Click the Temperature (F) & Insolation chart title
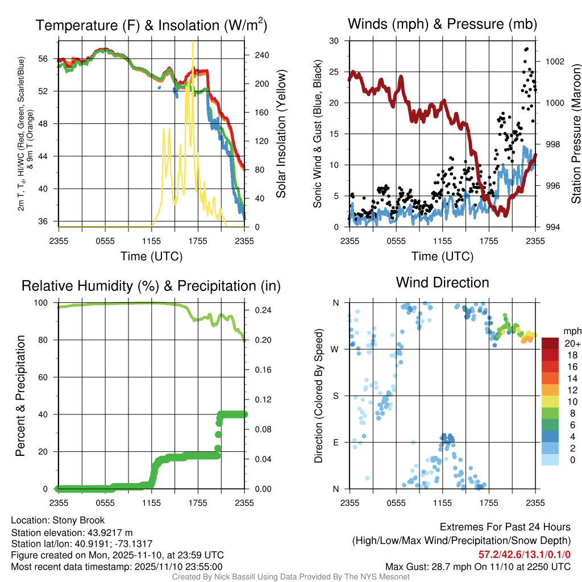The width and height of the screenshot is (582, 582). [x=151, y=26]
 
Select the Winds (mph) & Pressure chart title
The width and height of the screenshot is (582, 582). [x=442, y=24]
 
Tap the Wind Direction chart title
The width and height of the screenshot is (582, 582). [x=442, y=282]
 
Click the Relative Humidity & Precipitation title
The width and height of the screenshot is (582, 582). [x=151, y=286]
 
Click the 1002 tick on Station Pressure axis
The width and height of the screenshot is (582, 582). [x=554, y=61]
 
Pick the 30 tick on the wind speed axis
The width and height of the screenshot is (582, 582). [x=334, y=41]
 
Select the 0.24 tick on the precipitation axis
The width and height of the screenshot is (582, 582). [x=257, y=310]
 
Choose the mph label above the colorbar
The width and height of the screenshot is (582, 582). [x=570, y=331]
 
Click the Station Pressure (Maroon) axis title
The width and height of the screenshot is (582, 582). [x=575, y=134]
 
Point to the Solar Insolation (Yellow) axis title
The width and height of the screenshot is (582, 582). [x=280, y=134]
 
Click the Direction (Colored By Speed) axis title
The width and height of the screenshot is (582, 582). [x=318, y=395]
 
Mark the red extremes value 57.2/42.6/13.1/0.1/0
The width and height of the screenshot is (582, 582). [x=523, y=554]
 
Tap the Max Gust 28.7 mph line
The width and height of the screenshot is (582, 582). [x=477, y=567]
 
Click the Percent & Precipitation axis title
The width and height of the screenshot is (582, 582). [x=20, y=395]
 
